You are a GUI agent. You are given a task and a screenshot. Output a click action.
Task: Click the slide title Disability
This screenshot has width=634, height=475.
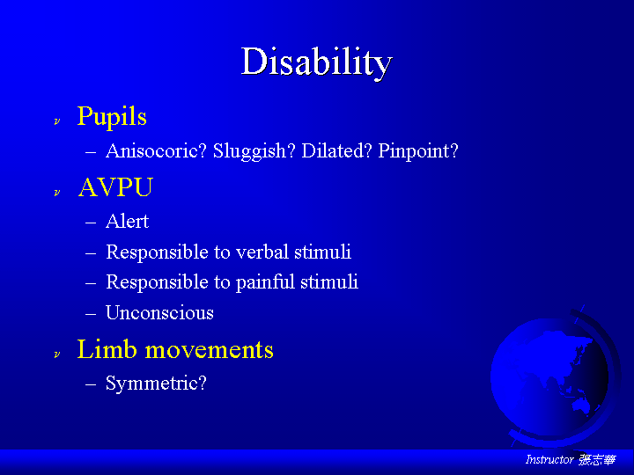(x=317, y=62)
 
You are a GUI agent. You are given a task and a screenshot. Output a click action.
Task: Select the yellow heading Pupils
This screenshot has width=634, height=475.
(x=112, y=117)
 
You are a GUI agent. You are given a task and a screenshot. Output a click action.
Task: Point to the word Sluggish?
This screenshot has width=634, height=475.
(x=254, y=151)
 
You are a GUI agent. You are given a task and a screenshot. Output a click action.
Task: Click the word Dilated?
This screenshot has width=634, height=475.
(x=336, y=151)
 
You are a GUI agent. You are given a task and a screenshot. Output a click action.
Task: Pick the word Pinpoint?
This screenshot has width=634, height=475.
(x=418, y=151)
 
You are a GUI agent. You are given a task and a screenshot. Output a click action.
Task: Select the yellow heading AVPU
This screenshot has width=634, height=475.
(x=115, y=187)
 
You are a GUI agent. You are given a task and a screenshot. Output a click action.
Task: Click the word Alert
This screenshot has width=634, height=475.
(x=128, y=222)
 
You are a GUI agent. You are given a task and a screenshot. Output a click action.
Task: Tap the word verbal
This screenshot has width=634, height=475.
(x=262, y=252)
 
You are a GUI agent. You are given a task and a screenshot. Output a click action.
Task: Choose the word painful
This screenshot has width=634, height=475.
(x=265, y=282)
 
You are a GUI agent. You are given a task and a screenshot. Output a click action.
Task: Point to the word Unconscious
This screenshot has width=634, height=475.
(x=159, y=312)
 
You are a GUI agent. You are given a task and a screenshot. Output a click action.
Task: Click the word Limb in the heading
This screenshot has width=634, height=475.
(x=107, y=349)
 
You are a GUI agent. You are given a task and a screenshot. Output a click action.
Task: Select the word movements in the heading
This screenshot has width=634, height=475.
(x=209, y=350)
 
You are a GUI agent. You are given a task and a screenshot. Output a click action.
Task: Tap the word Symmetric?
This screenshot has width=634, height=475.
(x=156, y=383)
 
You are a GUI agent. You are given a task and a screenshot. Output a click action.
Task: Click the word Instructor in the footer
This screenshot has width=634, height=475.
(x=549, y=460)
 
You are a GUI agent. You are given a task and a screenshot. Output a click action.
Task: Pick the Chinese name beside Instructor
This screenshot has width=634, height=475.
(x=598, y=460)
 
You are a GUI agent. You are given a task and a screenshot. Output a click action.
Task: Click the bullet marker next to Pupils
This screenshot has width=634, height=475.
(x=57, y=121)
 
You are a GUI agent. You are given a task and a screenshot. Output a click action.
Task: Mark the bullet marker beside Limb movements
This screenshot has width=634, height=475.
(x=57, y=354)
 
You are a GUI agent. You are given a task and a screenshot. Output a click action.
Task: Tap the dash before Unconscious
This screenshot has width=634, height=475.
(x=91, y=313)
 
